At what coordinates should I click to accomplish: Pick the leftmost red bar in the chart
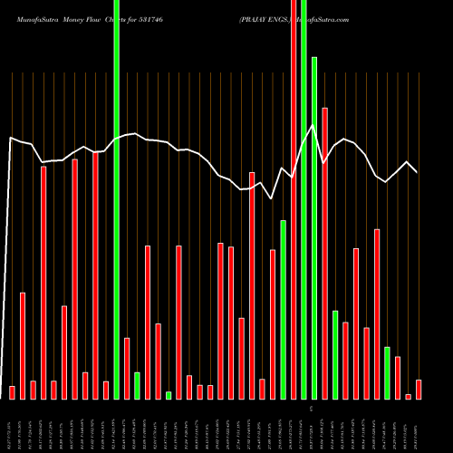tap(13, 391)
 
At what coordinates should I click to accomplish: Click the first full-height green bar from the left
tap(117, 199)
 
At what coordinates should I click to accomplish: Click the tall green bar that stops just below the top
tap(314, 226)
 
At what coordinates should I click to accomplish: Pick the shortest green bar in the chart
tap(169, 395)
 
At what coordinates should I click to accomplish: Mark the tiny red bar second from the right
tap(409, 396)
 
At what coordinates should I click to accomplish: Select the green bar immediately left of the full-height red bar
tap(284, 309)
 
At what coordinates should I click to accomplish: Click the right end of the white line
tap(418, 171)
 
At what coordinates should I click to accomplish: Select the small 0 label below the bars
tap(311, 410)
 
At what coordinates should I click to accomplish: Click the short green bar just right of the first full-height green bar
tap(137, 385)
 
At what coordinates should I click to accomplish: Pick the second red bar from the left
tap(23, 345)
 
